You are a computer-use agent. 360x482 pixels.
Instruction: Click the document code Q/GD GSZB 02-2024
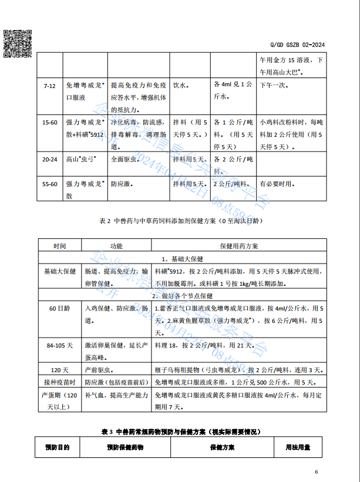point(297,45)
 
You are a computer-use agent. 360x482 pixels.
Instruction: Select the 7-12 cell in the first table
point(49,86)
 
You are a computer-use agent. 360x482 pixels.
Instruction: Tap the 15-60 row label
point(49,122)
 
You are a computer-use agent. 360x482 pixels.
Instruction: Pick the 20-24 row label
point(49,159)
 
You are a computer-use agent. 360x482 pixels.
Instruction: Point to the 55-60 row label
point(49,184)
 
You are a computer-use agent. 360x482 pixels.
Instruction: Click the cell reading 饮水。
point(180,85)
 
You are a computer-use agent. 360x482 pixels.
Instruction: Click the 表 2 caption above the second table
point(180,221)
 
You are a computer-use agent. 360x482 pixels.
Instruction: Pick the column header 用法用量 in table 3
point(298,447)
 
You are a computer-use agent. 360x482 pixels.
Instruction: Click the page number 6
point(316,472)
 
